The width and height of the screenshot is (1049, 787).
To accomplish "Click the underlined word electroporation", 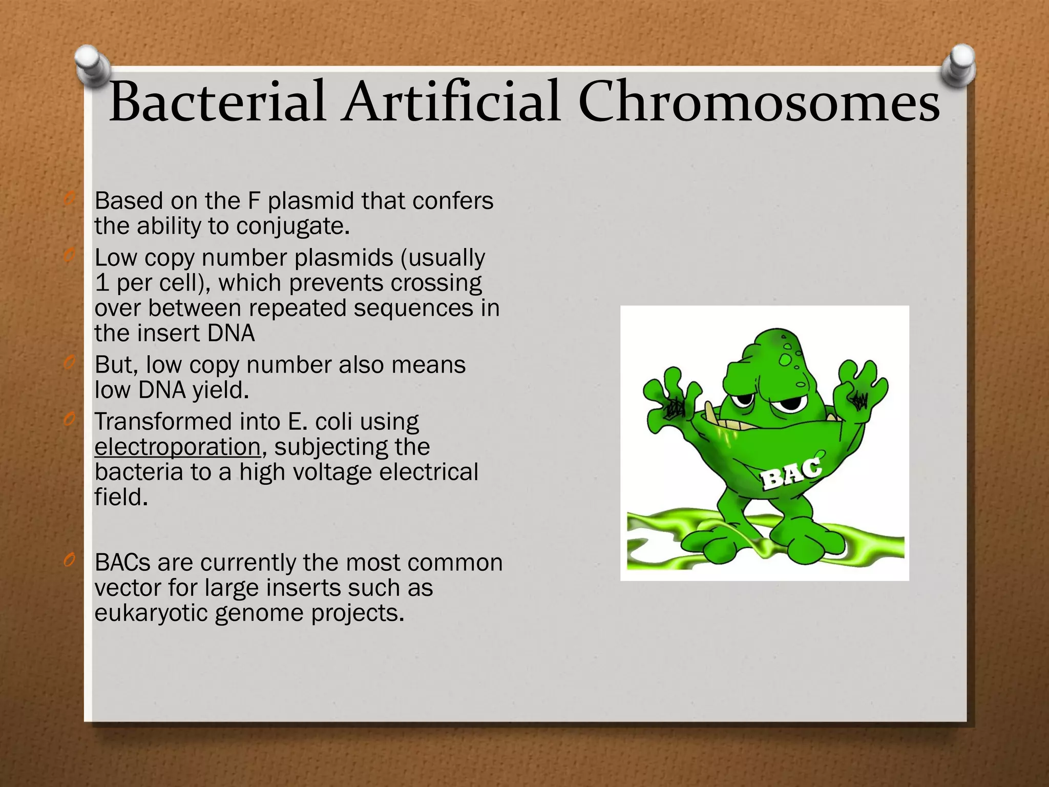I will pos(178,447).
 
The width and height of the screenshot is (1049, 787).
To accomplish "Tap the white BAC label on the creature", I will pos(791,474).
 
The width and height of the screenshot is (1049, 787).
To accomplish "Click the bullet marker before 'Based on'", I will pos(70,200).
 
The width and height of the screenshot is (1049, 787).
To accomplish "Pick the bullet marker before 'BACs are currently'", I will pos(70,562).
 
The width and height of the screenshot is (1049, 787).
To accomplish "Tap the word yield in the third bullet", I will pos(220,390).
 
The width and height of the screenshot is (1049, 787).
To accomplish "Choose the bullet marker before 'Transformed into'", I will pos(70,421).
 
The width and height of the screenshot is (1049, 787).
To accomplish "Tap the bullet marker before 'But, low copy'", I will pos(70,364).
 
